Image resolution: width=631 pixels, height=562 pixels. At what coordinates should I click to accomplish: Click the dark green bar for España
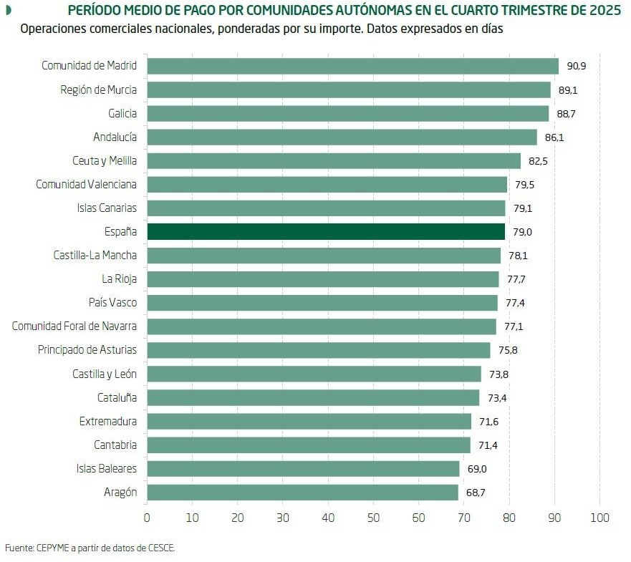(326, 232)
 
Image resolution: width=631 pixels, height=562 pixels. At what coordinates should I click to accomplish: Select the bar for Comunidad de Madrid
(352, 66)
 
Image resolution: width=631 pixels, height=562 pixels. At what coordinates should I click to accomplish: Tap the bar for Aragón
(302, 493)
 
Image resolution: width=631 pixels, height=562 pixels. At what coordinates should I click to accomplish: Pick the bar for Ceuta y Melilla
(334, 160)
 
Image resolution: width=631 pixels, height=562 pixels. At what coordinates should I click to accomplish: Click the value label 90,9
(577, 66)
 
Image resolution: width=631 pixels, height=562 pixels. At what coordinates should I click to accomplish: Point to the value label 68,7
(476, 493)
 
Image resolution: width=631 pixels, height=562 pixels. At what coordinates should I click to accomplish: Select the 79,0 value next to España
(523, 232)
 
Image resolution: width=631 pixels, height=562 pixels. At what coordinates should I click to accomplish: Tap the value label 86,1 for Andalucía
(554, 137)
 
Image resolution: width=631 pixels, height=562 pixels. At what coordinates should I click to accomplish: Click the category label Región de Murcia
(98, 89)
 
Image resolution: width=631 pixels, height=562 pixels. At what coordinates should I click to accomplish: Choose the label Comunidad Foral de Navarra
(74, 326)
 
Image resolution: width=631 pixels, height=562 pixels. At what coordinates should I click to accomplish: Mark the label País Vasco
(112, 303)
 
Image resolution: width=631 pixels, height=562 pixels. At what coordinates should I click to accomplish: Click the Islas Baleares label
(107, 469)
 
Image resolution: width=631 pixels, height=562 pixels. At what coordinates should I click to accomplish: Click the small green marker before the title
(9, 11)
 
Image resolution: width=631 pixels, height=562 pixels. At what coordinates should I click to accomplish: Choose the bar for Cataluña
(313, 397)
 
